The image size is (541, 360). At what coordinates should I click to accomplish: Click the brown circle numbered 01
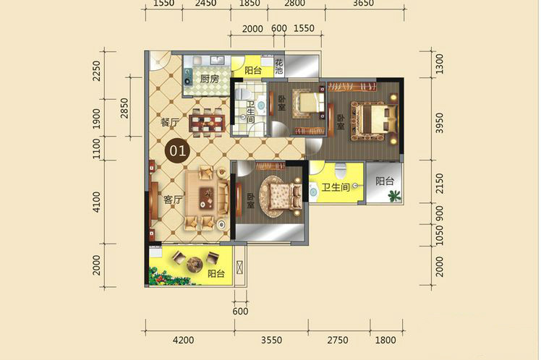click(178, 151)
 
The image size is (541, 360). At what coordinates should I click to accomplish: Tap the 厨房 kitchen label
click(210, 79)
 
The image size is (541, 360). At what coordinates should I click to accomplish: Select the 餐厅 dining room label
click(170, 122)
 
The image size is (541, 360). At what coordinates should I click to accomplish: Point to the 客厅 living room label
click(173, 200)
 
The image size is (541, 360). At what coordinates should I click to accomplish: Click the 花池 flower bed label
click(278, 67)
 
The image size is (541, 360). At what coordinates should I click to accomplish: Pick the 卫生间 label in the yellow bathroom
click(336, 187)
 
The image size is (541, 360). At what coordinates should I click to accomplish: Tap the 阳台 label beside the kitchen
click(253, 70)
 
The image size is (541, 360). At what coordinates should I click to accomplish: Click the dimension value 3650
click(364, 4)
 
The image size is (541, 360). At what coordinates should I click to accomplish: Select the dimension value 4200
click(183, 340)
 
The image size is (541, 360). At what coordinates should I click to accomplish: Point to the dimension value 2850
click(124, 108)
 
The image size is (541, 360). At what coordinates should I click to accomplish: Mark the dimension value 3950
click(439, 123)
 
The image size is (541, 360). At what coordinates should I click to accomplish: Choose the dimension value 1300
click(439, 64)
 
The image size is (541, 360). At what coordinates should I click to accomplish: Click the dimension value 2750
click(338, 340)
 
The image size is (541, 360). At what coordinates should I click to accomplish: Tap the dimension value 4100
click(97, 202)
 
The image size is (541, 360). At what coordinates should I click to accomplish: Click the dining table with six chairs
click(207, 123)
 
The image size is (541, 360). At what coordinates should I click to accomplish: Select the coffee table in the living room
click(206, 198)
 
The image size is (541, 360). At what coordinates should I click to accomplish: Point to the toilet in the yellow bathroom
click(340, 171)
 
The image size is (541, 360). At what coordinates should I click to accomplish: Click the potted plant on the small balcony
click(393, 196)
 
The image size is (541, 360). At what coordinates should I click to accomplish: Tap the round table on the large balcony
click(195, 264)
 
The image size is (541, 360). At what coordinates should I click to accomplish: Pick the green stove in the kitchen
click(187, 77)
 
